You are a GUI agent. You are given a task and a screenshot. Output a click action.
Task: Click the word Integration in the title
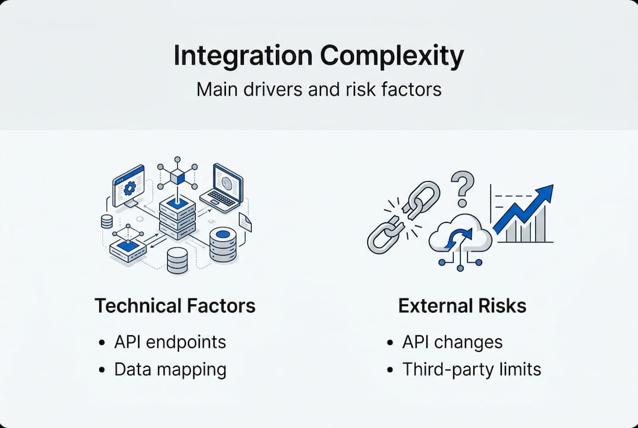243,56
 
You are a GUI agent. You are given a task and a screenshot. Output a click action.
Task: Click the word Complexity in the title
392,56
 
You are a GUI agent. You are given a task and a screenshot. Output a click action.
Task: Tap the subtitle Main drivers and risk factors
319,90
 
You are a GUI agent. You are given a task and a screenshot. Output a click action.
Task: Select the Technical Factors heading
175,306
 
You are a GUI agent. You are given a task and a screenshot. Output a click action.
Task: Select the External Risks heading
462,306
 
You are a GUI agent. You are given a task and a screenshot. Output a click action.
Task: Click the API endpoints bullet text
170,342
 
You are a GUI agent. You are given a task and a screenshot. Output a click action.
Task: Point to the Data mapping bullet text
170,370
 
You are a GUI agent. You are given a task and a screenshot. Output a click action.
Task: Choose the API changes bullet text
452,342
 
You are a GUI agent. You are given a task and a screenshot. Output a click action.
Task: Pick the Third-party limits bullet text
472,369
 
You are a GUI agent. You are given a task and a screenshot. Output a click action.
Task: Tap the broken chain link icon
403,217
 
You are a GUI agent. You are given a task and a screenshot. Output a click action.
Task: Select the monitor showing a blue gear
128,186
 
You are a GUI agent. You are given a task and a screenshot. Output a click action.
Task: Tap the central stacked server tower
177,218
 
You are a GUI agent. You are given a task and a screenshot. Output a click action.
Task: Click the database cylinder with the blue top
223,244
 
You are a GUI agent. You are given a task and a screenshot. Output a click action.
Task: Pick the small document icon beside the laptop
245,222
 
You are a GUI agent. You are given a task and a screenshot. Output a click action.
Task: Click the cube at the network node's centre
177,177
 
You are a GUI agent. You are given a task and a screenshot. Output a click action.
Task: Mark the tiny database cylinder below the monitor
106,221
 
